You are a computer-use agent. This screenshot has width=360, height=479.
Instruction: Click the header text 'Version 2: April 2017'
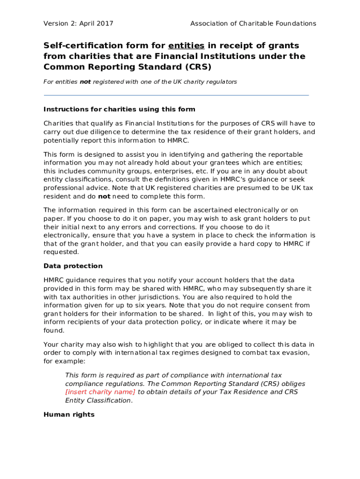click(78, 23)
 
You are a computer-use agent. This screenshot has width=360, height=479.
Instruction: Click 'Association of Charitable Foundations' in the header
click(253, 23)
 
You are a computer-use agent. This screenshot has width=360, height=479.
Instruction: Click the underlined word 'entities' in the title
click(186, 46)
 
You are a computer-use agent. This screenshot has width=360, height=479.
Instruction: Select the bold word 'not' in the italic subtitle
click(85, 82)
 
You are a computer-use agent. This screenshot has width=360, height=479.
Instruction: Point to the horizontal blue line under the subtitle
click(176, 95)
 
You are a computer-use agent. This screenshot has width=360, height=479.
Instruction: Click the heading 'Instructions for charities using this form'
click(119, 109)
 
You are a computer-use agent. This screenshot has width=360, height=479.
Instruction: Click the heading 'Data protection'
click(73, 266)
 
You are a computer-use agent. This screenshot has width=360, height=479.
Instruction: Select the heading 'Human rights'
click(69, 414)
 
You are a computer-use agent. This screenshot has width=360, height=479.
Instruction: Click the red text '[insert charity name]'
click(101, 392)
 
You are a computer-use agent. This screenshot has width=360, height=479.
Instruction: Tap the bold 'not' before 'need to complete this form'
click(104, 196)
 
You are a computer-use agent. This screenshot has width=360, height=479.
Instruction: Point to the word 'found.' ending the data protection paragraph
click(54, 331)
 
